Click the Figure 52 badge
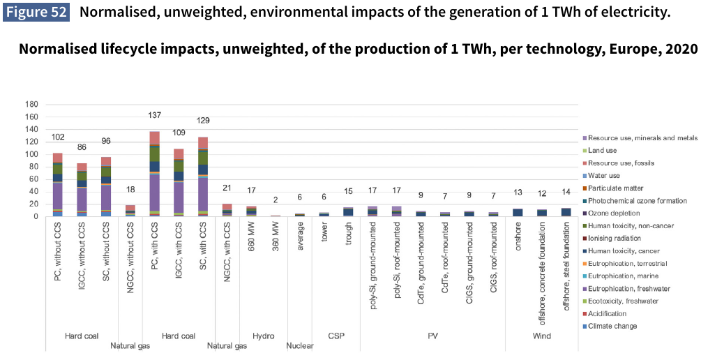tap(38, 13)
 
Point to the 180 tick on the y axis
tap(31, 105)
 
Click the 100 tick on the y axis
tap(31, 155)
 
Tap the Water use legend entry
tap(604, 175)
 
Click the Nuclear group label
tap(300, 345)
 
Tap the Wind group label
tap(541, 336)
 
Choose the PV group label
tap(432, 336)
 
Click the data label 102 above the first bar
tap(58, 137)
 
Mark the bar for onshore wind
tap(518, 212)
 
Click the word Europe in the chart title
tap(635, 50)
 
